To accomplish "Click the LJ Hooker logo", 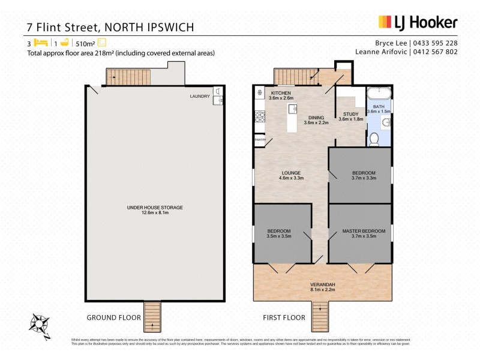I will (418, 23).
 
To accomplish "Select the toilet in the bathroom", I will (374, 139).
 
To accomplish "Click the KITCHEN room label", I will (281, 94).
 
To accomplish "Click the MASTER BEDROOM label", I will (364, 231).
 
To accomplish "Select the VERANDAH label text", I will (322, 285).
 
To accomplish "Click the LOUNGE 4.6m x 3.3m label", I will (290, 175).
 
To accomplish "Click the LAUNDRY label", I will (199, 96).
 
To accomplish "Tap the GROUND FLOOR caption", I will (114, 317).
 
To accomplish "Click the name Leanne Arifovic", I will (383, 52).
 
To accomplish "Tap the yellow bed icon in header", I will (40, 43).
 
